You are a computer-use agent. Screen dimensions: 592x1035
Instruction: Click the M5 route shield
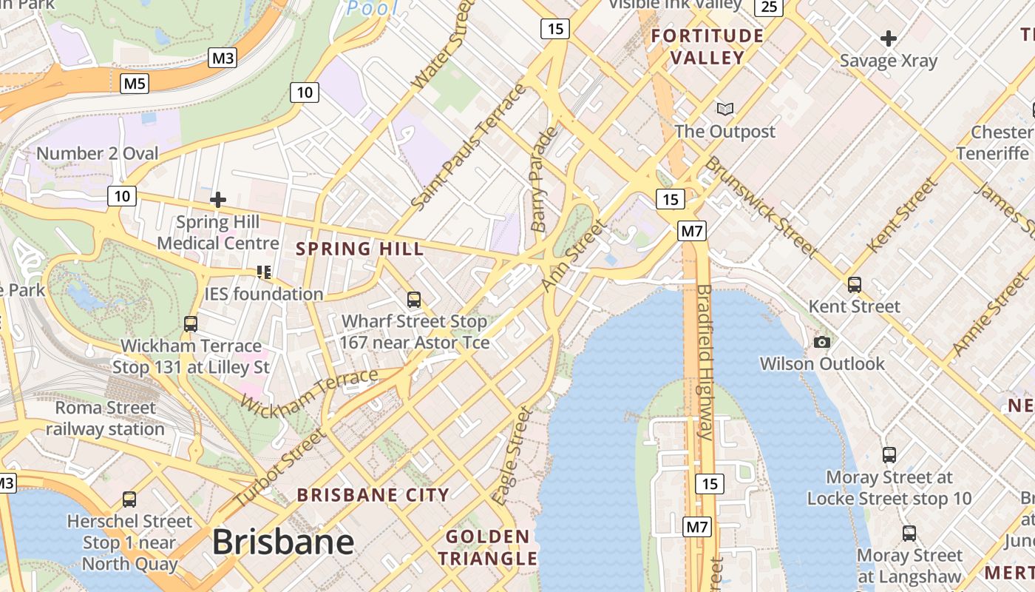135,84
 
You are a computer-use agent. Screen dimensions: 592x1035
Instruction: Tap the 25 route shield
769,7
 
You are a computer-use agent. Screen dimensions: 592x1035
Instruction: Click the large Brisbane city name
283,542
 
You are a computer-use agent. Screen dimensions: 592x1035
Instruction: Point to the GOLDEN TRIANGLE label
488,548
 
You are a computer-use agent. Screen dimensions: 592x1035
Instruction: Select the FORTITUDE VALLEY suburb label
707,47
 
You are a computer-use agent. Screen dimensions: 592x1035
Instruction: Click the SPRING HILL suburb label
360,249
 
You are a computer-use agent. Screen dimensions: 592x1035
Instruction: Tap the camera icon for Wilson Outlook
821,342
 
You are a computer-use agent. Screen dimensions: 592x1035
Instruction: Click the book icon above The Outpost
725,110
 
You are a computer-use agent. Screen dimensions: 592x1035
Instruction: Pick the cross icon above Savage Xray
889,38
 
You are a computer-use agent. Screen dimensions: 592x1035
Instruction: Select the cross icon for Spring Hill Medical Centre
218,200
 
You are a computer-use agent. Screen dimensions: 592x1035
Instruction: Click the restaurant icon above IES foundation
264,272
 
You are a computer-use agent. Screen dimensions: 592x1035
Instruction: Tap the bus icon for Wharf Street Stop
414,300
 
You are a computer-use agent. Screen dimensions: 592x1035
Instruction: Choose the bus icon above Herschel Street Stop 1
129,499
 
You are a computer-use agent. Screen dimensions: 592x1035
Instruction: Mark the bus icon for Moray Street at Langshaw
909,533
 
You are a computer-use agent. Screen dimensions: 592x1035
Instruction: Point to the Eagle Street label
512,455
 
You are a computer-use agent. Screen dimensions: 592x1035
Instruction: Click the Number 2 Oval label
98,154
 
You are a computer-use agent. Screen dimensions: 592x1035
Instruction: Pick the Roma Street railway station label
106,418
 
